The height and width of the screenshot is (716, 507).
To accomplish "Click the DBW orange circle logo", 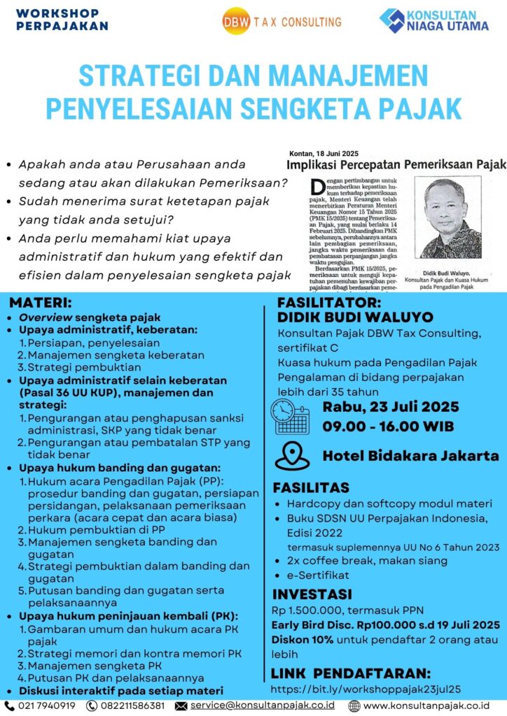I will point(231,22).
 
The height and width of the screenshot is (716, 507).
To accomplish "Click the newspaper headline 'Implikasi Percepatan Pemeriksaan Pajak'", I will point(396,165).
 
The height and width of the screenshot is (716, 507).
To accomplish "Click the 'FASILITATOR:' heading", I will point(329,303).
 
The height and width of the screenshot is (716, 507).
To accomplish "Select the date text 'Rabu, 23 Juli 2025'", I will point(391,407).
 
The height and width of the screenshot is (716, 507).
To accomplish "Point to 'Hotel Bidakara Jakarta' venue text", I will point(410,456).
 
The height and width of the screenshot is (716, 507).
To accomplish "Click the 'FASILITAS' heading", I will point(311,487).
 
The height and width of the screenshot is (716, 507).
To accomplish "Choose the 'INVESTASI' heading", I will point(312,595).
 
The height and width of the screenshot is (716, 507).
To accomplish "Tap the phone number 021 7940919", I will point(48,706).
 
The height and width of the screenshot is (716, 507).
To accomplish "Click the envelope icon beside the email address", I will point(181,706).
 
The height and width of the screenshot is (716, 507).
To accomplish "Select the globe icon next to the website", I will point(354,706).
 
